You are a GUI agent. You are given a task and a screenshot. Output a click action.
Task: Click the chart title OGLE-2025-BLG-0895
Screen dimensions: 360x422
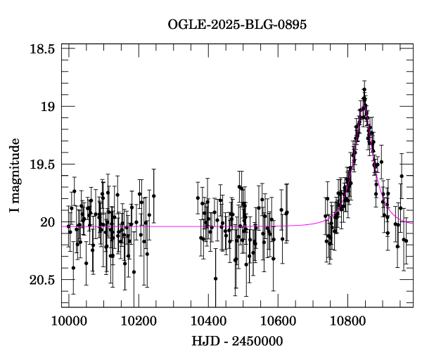tap(237, 25)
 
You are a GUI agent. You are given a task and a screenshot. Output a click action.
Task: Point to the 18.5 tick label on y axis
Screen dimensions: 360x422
tap(43, 49)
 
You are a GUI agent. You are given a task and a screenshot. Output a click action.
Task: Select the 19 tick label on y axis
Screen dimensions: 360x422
tap(48, 107)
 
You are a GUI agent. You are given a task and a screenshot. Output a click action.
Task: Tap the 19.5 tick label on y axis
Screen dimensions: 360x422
tap(43, 165)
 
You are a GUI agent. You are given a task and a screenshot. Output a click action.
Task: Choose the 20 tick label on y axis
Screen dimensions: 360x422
tap(48, 222)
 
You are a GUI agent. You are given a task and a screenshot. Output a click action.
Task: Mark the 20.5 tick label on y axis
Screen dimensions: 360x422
tap(43, 280)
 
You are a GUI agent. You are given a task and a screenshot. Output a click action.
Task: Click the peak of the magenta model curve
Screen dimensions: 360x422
tap(364, 105)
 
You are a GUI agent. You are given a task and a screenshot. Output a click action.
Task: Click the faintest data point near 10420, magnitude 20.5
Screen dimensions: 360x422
tap(215, 278)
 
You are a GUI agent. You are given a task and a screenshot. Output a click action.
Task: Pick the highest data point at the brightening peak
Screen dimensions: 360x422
tap(364, 90)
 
